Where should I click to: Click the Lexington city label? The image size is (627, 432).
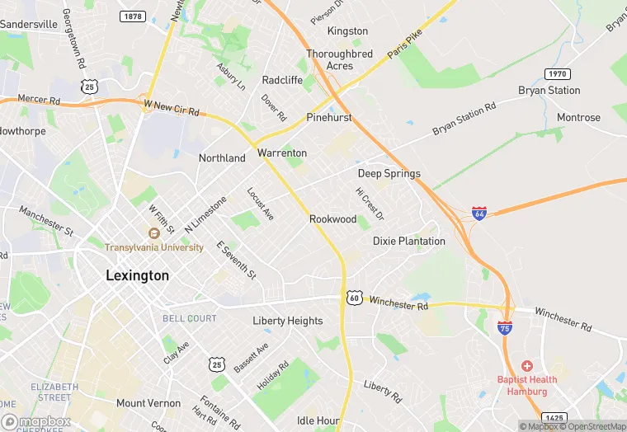point(137,275)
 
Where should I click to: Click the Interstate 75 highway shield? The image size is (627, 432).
point(504,328)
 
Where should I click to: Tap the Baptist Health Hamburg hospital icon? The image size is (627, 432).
point(526,365)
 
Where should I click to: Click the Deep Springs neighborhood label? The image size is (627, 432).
point(389,173)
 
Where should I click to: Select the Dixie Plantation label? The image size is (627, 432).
point(408,242)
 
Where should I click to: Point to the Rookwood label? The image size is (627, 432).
point(332,219)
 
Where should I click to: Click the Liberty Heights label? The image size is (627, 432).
point(287,321)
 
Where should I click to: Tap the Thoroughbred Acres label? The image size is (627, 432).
point(340,60)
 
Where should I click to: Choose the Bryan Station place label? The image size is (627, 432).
point(549,90)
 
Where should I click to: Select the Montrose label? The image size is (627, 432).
point(578,118)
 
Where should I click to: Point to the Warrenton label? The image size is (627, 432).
point(281,153)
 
